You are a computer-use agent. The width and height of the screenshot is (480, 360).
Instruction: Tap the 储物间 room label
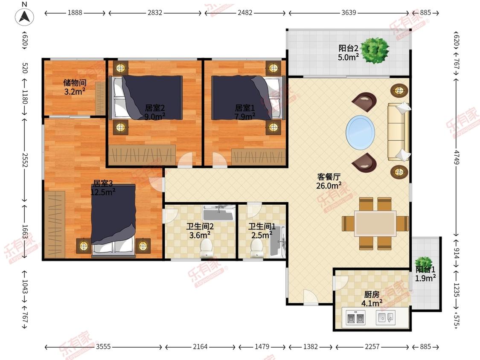[x=75, y=83]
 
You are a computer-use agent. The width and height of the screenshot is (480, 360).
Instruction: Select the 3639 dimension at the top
[x=349, y=12]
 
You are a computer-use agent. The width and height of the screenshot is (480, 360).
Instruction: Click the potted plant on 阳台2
[x=375, y=50]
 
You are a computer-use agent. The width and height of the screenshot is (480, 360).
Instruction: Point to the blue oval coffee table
[x=360, y=133]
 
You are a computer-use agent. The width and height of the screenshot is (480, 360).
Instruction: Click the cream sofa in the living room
[x=399, y=132]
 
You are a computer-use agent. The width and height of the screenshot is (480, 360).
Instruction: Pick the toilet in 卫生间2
[x=206, y=248]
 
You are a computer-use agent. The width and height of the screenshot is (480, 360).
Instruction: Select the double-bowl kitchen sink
[x=356, y=318]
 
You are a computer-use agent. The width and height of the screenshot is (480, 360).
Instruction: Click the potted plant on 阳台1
[x=423, y=263]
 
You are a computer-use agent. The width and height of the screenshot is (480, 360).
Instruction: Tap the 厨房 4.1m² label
[x=372, y=299]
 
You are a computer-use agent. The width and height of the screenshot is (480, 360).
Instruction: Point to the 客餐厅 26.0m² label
[x=329, y=181]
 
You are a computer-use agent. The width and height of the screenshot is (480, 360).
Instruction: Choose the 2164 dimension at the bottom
[x=200, y=346]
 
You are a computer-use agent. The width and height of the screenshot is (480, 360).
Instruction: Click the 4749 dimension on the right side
[x=457, y=157]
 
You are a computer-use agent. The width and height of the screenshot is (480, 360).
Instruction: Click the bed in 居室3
[x=113, y=219]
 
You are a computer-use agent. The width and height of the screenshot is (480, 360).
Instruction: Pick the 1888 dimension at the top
[x=75, y=12]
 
